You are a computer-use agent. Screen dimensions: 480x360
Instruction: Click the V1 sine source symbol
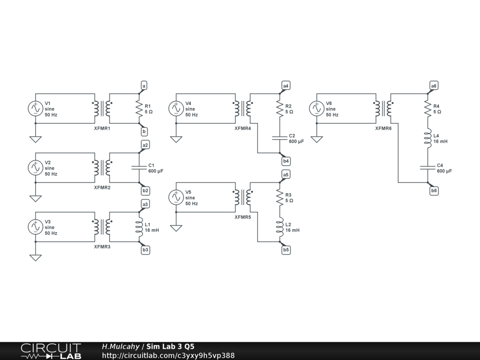(x=36, y=109)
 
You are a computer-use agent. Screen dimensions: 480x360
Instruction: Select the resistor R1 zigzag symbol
(x=139, y=109)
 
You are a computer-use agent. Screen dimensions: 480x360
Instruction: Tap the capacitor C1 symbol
(x=139, y=167)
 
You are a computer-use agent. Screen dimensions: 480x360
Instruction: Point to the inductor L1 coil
(x=140, y=227)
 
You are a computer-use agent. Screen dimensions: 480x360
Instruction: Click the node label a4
(x=285, y=86)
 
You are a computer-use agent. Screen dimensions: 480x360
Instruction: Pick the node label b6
(x=434, y=191)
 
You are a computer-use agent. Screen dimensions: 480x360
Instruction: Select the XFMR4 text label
(x=243, y=128)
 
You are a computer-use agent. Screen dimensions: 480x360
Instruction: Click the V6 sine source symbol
(x=316, y=109)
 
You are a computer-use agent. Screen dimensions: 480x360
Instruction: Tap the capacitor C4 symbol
(x=427, y=167)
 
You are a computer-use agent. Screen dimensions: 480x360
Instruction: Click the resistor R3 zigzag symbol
(x=280, y=197)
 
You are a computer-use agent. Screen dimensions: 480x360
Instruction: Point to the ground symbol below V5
(x=176, y=228)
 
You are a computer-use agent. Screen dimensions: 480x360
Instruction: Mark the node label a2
(x=145, y=145)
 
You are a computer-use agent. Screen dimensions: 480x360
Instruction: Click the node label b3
(x=145, y=250)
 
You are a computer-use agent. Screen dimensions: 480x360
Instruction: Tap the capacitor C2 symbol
(x=280, y=138)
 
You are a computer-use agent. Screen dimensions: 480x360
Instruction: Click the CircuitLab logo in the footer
(x=51, y=351)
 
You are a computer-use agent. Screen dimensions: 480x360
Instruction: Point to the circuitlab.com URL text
(x=168, y=355)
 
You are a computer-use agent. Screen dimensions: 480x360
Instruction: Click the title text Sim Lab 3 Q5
(x=170, y=346)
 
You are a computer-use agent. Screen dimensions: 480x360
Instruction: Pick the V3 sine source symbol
(x=36, y=227)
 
